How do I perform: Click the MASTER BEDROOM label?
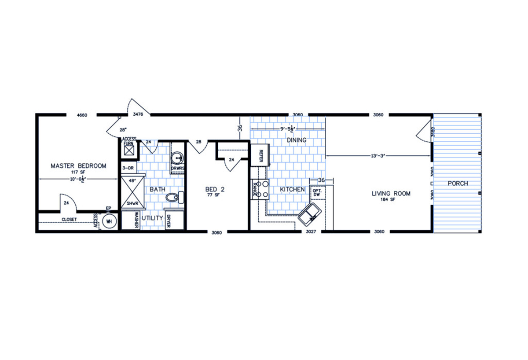coord(78,166)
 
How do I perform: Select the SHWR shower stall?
coord(131,192)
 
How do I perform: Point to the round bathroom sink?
coord(178,157)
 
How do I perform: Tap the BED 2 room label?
coord(215,190)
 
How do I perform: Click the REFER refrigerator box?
coord(260,156)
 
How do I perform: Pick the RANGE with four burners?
coord(260,190)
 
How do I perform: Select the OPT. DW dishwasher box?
coord(317,193)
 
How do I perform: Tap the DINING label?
coord(296,140)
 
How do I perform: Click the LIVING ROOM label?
coord(391,193)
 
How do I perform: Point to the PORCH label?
coord(458,184)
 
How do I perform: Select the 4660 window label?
coord(82,115)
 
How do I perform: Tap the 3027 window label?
coord(311,231)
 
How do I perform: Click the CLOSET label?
coord(70,219)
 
